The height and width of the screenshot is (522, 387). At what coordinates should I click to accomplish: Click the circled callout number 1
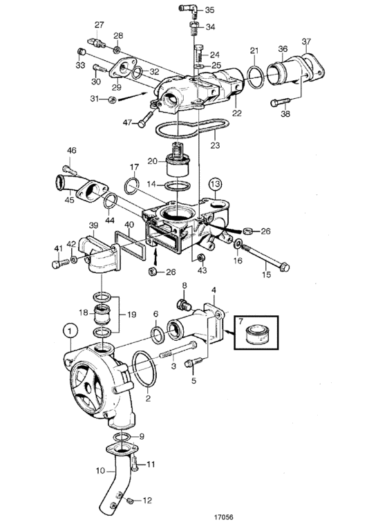[70, 331]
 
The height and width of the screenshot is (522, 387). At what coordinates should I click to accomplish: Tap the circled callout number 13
[216, 183]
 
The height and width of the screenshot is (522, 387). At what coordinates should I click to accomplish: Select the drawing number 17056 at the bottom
[224, 516]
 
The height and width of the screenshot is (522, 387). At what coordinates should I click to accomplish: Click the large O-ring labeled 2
[144, 369]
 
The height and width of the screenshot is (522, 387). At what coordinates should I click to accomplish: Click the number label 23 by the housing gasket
[216, 145]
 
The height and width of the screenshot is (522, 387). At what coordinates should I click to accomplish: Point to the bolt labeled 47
[146, 119]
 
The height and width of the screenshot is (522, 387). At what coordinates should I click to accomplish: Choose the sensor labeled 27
[97, 44]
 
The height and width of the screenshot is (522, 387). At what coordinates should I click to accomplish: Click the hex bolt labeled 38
[280, 102]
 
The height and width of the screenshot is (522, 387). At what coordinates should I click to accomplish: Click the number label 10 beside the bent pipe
[100, 471]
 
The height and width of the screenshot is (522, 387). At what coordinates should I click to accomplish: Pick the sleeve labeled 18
[102, 313]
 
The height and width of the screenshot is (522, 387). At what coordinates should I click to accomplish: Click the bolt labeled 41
[61, 263]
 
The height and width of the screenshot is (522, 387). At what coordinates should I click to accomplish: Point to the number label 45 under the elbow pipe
[70, 201]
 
